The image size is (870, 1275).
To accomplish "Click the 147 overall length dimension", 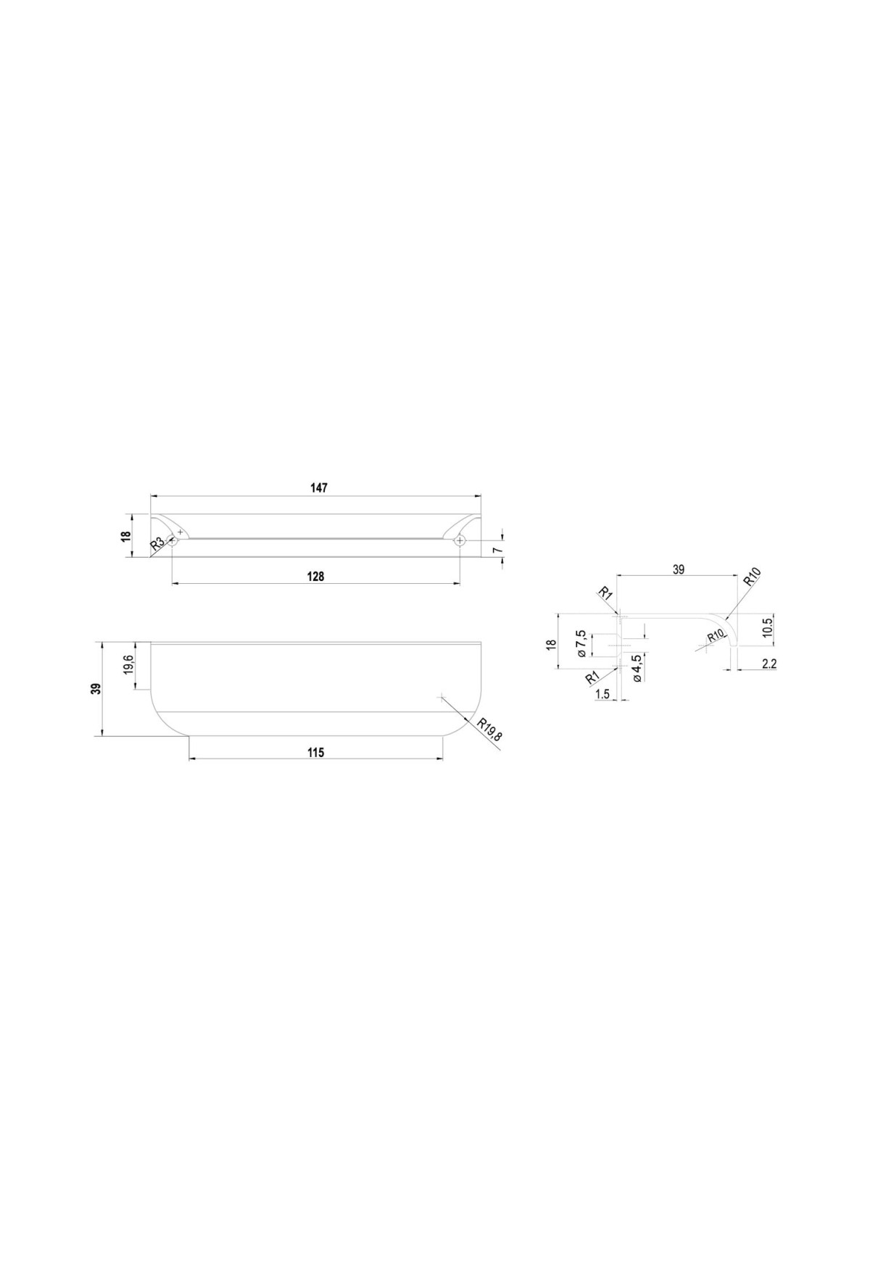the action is click(316, 488).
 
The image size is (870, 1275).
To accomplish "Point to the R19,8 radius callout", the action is click(489, 730).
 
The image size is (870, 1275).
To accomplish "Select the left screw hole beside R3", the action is click(172, 540).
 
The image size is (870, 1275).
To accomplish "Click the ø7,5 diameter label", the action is click(581, 643).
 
